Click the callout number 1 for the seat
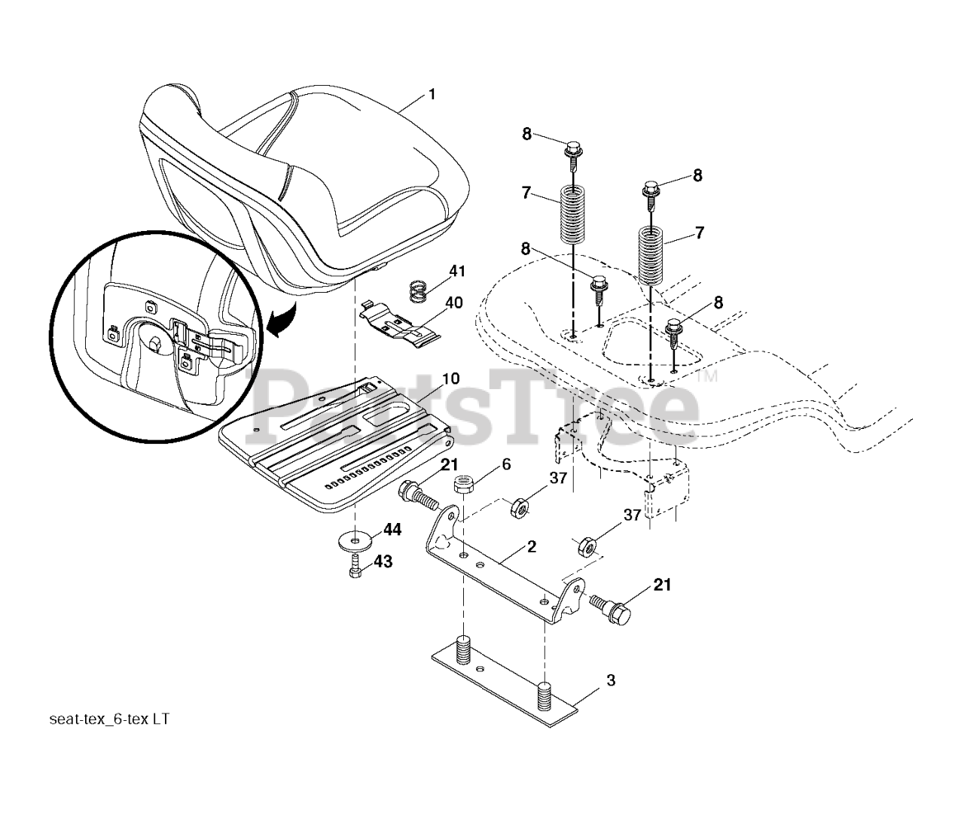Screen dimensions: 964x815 (432, 94)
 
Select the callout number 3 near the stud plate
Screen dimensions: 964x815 (610, 680)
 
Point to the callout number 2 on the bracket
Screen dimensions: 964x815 (532, 547)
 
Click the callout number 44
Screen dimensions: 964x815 (392, 531)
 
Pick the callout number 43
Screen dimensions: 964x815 (383, 561)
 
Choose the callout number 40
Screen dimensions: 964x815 (454, 303)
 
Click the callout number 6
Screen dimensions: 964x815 (506, 464)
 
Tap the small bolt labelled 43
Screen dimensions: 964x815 (356, 570)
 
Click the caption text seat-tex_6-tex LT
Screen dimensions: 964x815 (109, 719)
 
